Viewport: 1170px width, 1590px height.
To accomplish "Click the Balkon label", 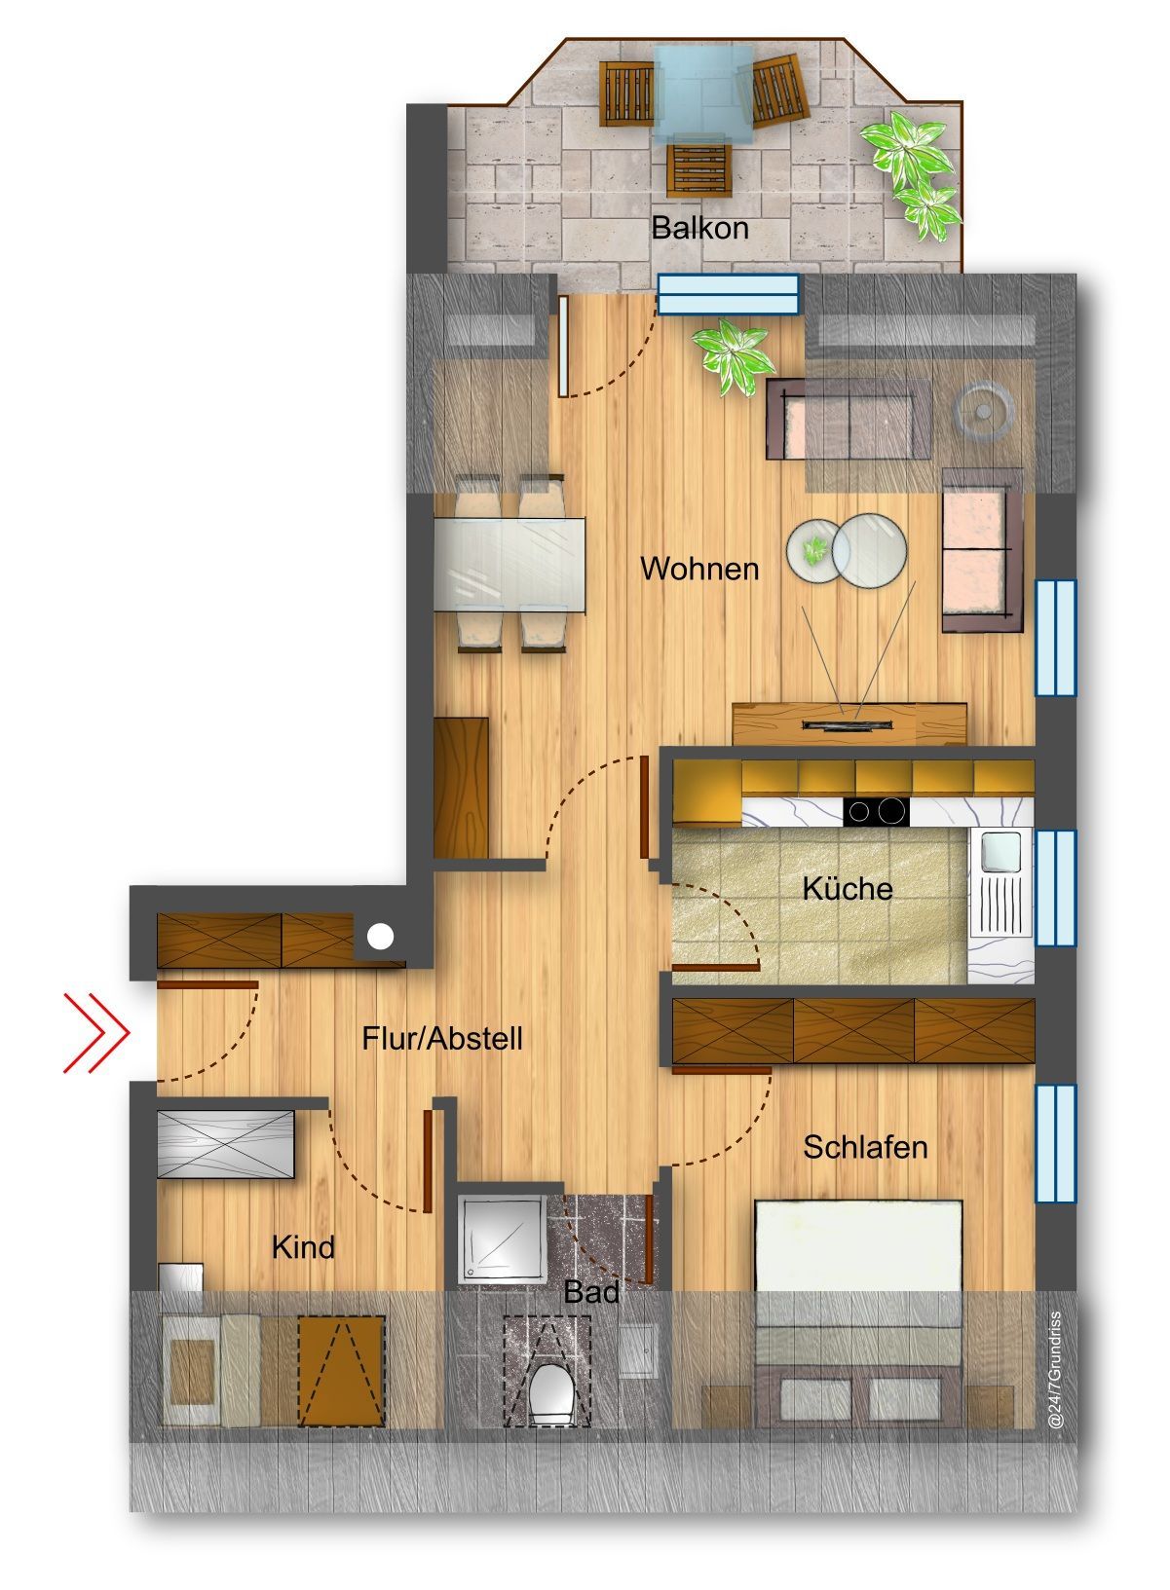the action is click(699, 229).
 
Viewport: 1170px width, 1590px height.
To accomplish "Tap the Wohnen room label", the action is click(699, 569).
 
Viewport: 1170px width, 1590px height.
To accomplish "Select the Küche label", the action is click(848, 888).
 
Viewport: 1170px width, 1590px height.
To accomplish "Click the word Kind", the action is click(303, 1247).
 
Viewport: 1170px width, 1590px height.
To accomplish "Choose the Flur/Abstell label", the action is click(442, 1039).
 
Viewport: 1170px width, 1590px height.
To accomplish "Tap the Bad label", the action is click(591, 1292).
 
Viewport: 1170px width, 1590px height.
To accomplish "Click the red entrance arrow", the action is click(96, 1032).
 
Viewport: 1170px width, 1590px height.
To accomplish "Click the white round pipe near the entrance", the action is click(381, 937).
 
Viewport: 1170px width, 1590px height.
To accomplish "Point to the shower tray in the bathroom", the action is click(503, 1238).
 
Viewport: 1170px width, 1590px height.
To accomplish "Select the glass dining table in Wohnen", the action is click(510, 565).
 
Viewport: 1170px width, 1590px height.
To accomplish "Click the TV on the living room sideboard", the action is click(847, 724).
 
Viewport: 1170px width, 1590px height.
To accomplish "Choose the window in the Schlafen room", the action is click(1055, 1143).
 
